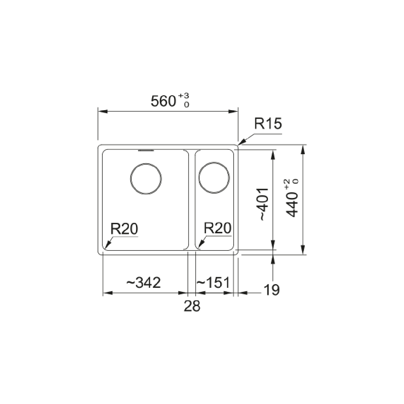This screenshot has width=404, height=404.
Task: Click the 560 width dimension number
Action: tap(163, 101)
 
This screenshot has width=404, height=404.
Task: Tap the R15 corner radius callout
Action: tap(268, 124)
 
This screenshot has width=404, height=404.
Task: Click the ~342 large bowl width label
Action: tap(144, 282)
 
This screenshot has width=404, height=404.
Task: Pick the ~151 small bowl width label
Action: tap(213, 282)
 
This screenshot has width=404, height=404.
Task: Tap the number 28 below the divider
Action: tap(192, 306)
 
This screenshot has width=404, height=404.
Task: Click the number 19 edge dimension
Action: tap(271, 290)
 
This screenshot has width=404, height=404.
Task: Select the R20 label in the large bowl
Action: tap(124, 229)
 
